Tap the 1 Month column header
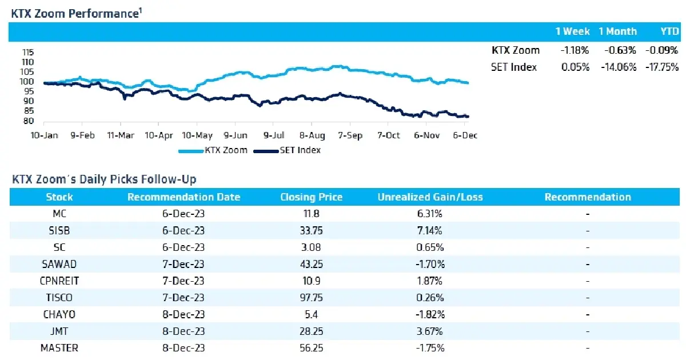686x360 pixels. click(x=618, y=31)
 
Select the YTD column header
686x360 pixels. click(x=670, y=31)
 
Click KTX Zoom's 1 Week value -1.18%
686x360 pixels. click(x=575, y=50)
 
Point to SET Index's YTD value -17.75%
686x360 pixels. click(x=662, y=67)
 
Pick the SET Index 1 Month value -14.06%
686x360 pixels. click(x=619, y=67)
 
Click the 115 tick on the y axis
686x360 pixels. click(x=28, y=53)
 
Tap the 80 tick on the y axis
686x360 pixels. click(x=28, y=121)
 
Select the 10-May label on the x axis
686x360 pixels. click(x=197, y=135)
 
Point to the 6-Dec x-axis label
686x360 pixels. click(x=465, y=135)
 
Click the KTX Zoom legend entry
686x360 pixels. click(x=213, y=150)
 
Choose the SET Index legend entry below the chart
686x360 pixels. click(x=287, y=150)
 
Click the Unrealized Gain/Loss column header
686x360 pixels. click(x=430, y=197)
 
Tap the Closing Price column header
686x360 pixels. click(x=311, y=197)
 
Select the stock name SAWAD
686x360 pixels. click(x=59, y=264)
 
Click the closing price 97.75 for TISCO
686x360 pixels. click(x=311, y=298)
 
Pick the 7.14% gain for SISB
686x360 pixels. click(x=430, y=230)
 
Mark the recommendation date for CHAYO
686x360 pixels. click(x=183, y=314)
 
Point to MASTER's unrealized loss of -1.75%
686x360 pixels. click(x=430, y=348)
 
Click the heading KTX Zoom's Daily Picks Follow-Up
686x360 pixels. click(x=104, y=179)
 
